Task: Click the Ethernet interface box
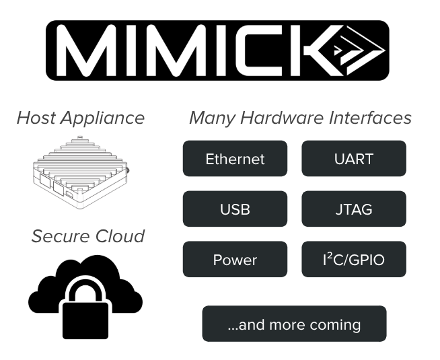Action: click(x=235, y=159)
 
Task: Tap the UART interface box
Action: click(x=354, y=159)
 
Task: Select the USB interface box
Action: click(x=235, y=209)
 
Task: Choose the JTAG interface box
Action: click(x=354, y=209)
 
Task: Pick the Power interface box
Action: click(x=235, y=260)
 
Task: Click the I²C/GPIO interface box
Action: click(x=354, y=260)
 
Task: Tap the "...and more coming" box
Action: click(x=295, y=324)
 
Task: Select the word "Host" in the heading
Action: click(x=37, y=118)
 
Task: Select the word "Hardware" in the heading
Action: click(x=279, y=118)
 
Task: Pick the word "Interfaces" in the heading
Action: click(x=370, y=118)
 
